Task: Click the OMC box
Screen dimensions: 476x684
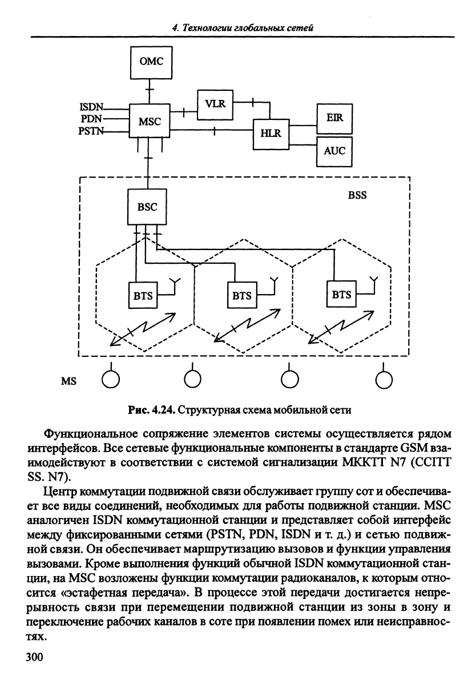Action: point(151,61)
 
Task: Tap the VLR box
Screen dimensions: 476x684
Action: point(215,104)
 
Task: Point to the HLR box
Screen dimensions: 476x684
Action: point(271,133)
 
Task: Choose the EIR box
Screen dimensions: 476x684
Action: point(334,118)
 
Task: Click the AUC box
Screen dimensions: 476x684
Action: point(334,151)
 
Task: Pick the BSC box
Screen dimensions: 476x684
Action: point(147,207)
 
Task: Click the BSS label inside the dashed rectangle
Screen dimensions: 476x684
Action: point(357,195)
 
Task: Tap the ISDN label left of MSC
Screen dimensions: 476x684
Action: point(91,107)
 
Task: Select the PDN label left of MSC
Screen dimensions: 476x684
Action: point(92,118)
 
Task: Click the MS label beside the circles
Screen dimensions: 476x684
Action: point(68,381)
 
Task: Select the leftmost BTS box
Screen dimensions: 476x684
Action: point(143,295)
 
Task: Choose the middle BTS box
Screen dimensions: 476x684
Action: point(242,295)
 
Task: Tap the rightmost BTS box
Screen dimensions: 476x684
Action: point(341,295)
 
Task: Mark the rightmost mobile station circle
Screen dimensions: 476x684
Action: point(384,380)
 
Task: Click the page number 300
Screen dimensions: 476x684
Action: point(35,657)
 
